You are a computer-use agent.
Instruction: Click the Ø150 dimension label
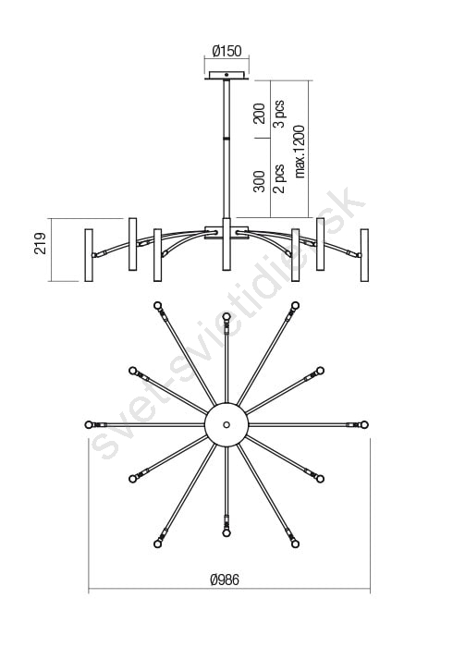(226, 51)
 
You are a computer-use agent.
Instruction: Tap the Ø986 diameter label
(225, 580)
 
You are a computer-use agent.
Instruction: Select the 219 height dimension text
(41, 243)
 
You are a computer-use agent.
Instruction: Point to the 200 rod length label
(259, 114)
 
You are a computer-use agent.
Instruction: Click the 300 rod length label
(259, 181)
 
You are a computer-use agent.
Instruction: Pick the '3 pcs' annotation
(279, 114)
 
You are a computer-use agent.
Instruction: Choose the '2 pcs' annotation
(279, 178)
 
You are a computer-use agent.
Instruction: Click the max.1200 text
(300, 152)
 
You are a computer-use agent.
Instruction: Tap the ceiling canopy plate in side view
(226, 76)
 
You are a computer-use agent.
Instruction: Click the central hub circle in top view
(226, 424)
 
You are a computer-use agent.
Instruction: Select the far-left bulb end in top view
(89, 424)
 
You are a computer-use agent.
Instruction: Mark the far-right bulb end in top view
(364, 424)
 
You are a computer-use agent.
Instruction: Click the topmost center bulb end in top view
(226, 316)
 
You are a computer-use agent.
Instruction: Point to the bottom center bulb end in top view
(226, 533)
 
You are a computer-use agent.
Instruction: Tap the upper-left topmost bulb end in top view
(157, 306)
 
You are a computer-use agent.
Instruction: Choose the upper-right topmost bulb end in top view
(295, 306)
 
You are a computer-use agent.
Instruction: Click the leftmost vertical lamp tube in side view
(89, 255)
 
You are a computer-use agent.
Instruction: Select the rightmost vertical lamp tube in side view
(364, 255)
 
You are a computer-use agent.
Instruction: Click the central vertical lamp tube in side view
(226, 244)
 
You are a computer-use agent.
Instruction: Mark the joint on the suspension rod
(226, 138)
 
